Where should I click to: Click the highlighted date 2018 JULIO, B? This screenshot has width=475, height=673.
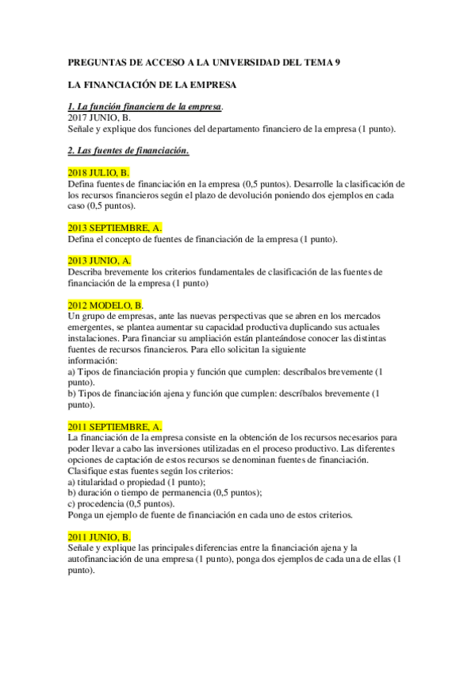click(x=99, y=172)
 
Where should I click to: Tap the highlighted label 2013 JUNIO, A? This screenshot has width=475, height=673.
click(x=100, y=260)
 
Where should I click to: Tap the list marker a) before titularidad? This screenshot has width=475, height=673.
click(x=73, y=482)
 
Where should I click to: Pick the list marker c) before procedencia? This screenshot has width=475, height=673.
click(x=73, y=503)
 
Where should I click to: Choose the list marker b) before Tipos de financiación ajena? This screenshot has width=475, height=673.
click(x=73, y=393)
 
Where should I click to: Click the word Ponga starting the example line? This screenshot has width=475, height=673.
click(x=82, y=514)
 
